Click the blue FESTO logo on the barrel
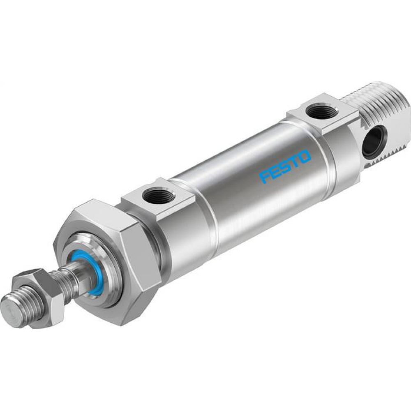pos(286,168)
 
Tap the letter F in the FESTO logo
pos(264,178)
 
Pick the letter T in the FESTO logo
pos(295,163)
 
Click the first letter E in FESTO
pos(275,173)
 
